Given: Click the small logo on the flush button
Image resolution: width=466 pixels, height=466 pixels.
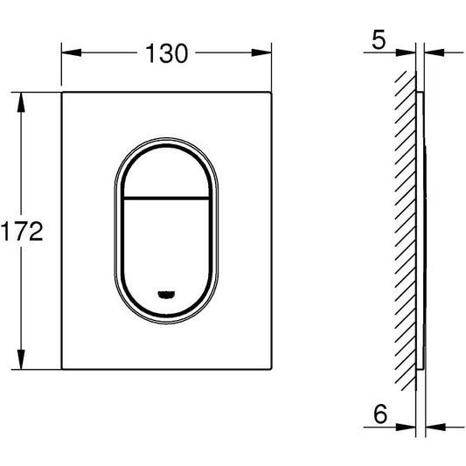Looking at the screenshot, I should click(x=164, y=295).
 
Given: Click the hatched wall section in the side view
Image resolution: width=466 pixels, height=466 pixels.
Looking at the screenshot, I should click(x=405, y=232).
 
